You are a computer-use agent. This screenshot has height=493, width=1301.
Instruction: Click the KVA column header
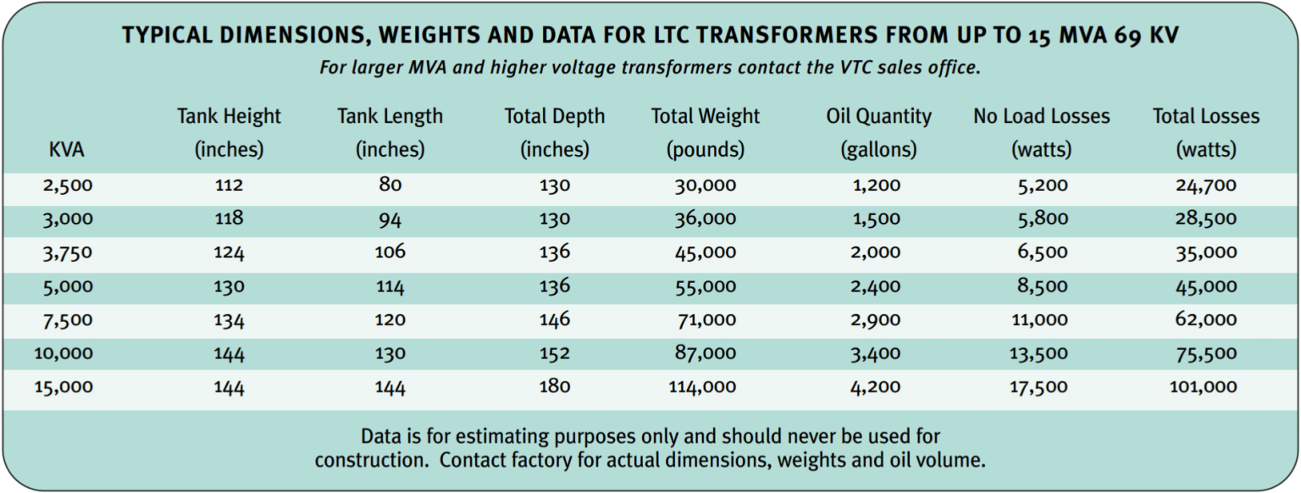click(67, 150)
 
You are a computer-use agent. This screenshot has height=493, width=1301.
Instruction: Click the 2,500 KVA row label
click(66, 186)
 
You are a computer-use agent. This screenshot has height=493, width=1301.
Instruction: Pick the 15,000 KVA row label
click(64, 387)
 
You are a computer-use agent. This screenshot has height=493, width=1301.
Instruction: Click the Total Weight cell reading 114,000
click(705, 387)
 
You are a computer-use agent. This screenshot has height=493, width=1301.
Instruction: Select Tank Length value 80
click(390, 185)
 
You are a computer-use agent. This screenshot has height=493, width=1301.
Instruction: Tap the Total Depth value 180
click(554, 387)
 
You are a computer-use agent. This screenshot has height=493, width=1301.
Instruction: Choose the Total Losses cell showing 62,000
click(1205, 320)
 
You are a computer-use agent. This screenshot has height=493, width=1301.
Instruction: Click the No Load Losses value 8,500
click(1042, 286)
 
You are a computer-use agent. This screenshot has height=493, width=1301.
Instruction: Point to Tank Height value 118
click(229, 219)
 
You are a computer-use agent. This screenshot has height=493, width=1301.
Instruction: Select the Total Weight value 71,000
click(705, 320)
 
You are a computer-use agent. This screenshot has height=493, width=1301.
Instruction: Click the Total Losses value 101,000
click(1205, 387)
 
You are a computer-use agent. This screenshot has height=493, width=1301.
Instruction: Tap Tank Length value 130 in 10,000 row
click(390, 353)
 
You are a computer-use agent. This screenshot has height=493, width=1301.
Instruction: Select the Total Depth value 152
click(554, 353)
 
